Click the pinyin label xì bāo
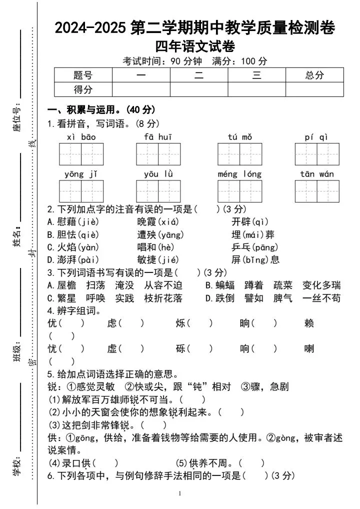pyautogui.click(x=81, y=137)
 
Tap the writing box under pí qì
pyautogui.click(x=317, y=154)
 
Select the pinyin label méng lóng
pyautogui.click(x=239, y=174)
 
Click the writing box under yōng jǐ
pyautogui.click(x=81, y=191)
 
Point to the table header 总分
pyautogui.click(x=314, y=75)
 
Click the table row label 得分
pyautogui.click(x=83, y=89)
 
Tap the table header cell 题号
pyautogui.click(x=83, y=75)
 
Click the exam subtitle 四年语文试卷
pyautogui.click(x=194, y=46)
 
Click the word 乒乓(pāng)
pyautogui.click(x=255, y=247)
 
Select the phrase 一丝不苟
pyautogui.click(x=321, y=298)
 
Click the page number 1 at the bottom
pyautogui.click(x=180, y=494)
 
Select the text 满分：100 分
pyautogui.click(x=239, y=61)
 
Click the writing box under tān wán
pyautogui.click(x=317, y=191)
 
